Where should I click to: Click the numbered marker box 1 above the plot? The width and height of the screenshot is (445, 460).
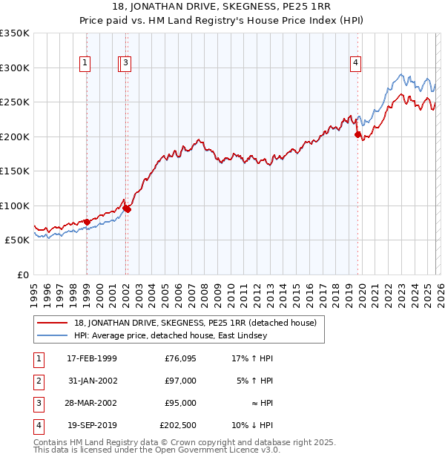coord(86,64)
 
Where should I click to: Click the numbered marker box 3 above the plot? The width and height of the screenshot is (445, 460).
coord(127,64)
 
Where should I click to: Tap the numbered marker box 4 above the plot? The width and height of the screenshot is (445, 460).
coord(356,64)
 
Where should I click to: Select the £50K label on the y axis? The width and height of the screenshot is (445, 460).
coord(17,240)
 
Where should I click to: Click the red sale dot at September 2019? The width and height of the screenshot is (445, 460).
coord(357,135)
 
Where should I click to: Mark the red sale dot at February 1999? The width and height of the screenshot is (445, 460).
coord(87,222)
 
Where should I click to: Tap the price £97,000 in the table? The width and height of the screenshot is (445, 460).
coord(181,381)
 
